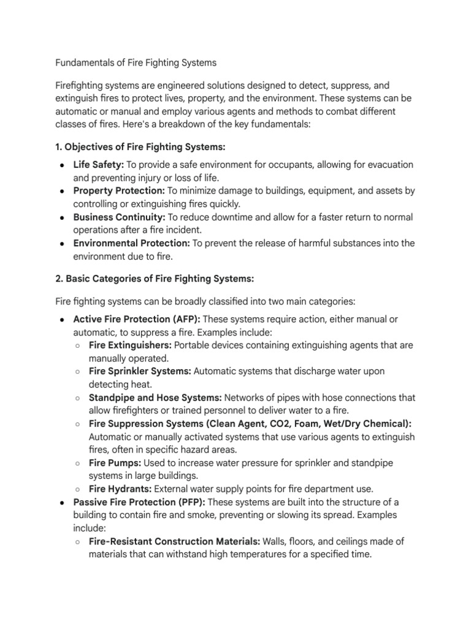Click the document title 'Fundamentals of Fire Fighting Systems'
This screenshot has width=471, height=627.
click(x=136, y=62)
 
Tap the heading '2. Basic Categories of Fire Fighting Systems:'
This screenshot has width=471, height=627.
click(x=155, y=278)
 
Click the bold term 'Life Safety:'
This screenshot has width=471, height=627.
click(x=98, y=165)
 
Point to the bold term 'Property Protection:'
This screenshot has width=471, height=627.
click(x=118, y=191)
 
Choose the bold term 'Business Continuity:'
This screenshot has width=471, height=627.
click(x=119, y=217)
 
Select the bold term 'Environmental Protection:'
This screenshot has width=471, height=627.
click(x=132, y=243)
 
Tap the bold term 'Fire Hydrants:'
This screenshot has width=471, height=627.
click(x=120, y=489)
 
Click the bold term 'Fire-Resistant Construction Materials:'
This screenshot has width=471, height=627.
click(x=175, y=541)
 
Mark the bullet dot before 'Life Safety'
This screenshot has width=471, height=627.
click(x=63, y=166)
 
